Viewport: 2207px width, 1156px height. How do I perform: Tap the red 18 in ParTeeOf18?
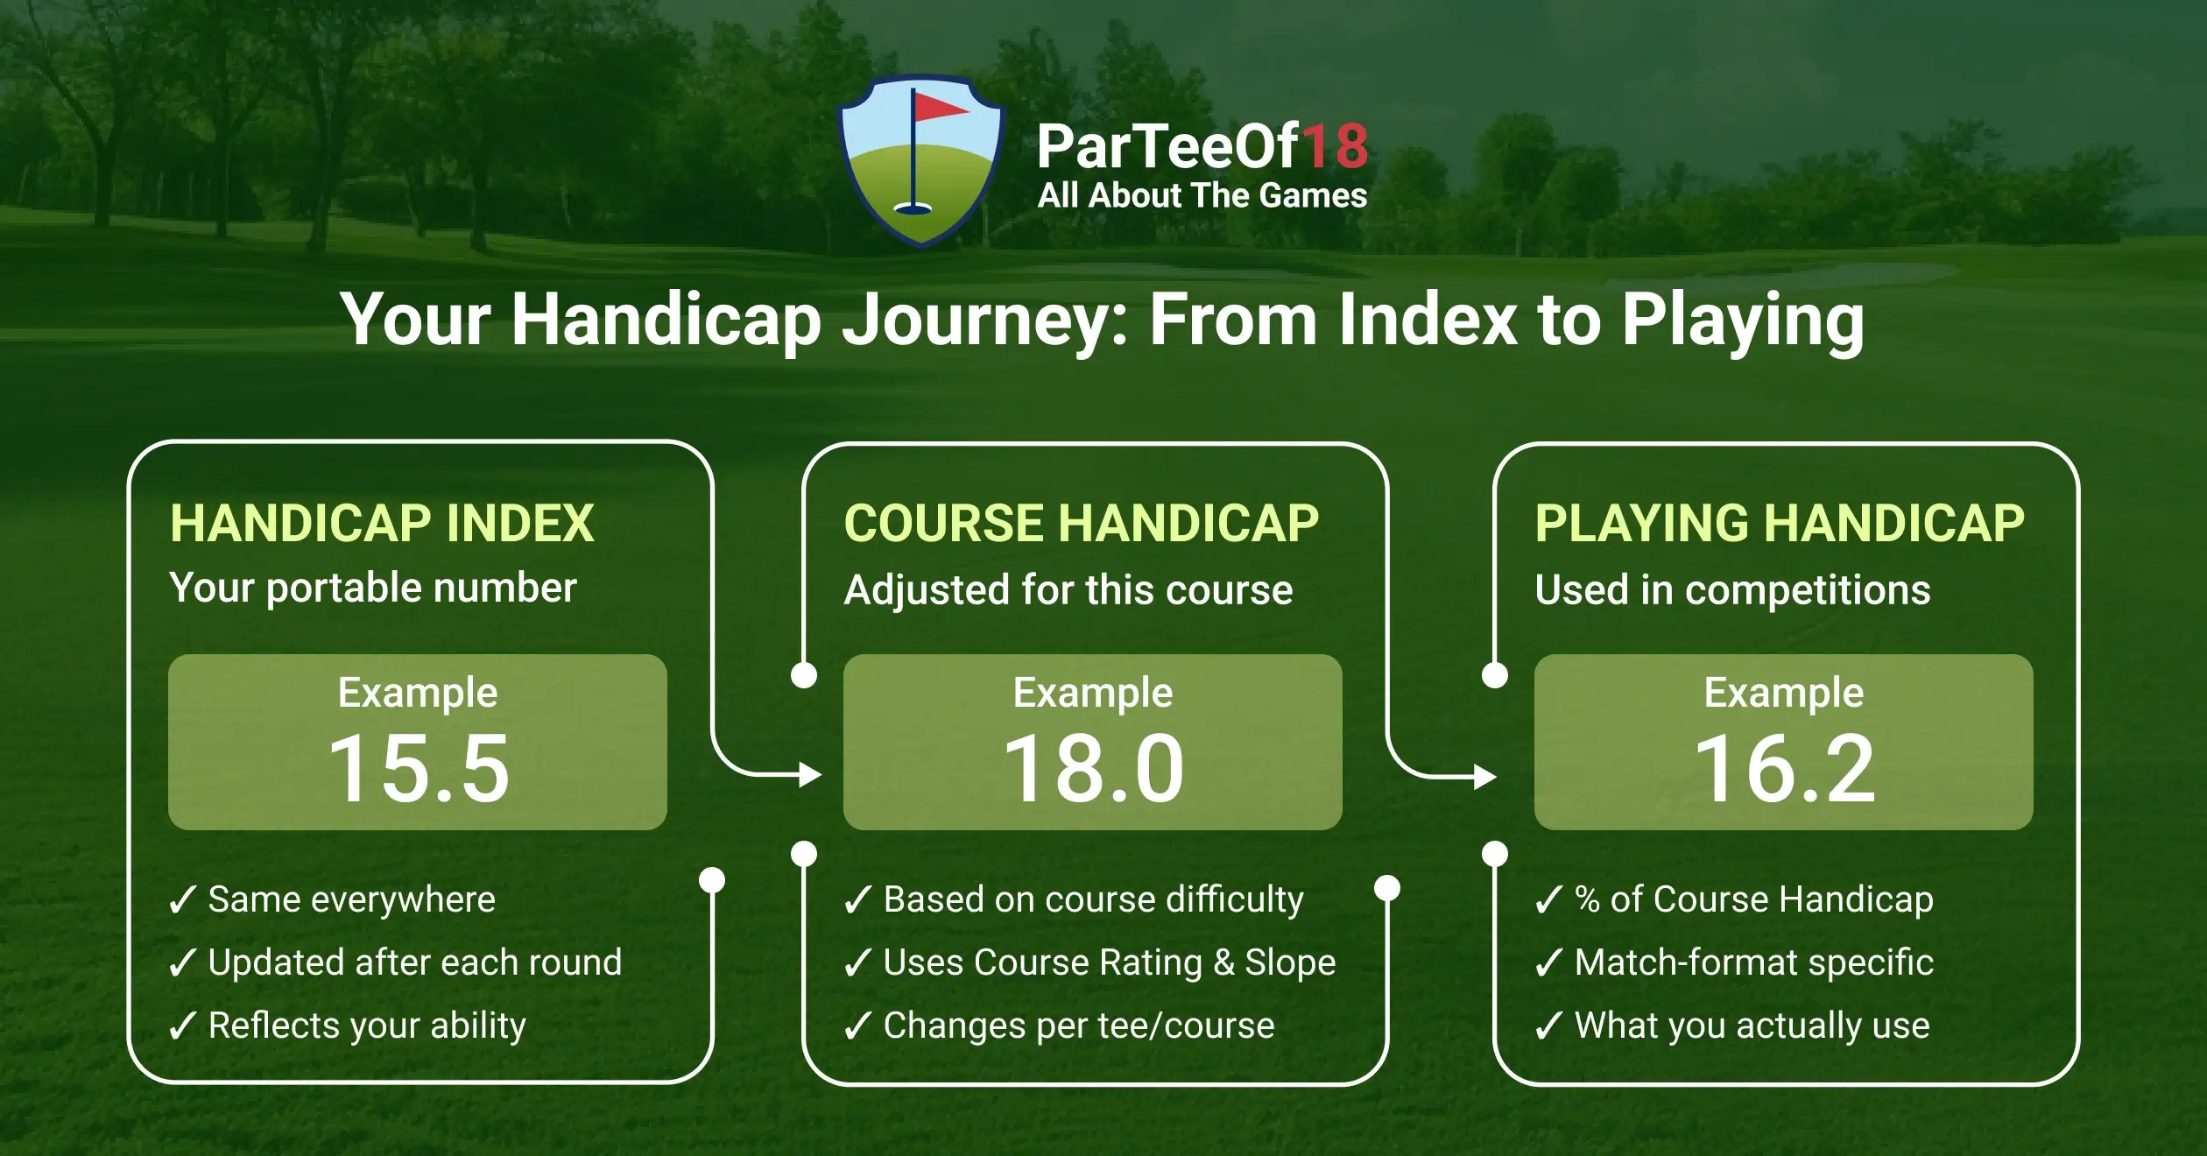point(1335,146)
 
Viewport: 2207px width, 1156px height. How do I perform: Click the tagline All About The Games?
point(1202,195)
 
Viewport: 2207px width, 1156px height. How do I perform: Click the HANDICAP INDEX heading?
point(382,524)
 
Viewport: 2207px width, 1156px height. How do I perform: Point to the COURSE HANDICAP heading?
point(1081,524)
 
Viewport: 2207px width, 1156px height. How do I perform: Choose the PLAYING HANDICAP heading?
point(1779,524)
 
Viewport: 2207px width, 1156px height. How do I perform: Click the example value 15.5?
point(419,769)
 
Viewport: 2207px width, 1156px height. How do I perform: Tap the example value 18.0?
point(1093,769)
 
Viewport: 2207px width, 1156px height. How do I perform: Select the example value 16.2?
point(1784,769)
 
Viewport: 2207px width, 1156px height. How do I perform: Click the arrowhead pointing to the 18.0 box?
point(810,774)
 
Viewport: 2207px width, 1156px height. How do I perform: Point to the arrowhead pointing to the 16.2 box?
point(1485,776)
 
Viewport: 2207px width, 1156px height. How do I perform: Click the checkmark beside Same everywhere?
point(182,899)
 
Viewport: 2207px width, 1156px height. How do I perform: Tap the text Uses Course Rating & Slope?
point(1109,962)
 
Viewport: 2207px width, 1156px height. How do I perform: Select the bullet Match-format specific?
point(1753,962)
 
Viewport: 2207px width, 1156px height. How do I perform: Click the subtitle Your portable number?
point(373,588)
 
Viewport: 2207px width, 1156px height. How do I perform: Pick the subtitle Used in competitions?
point(1732,589)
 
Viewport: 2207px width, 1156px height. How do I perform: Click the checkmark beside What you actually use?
point(1548,1026)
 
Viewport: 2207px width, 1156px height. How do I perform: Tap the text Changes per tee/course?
point(1078,1026)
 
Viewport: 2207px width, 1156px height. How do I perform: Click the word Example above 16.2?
point(1783,693)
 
